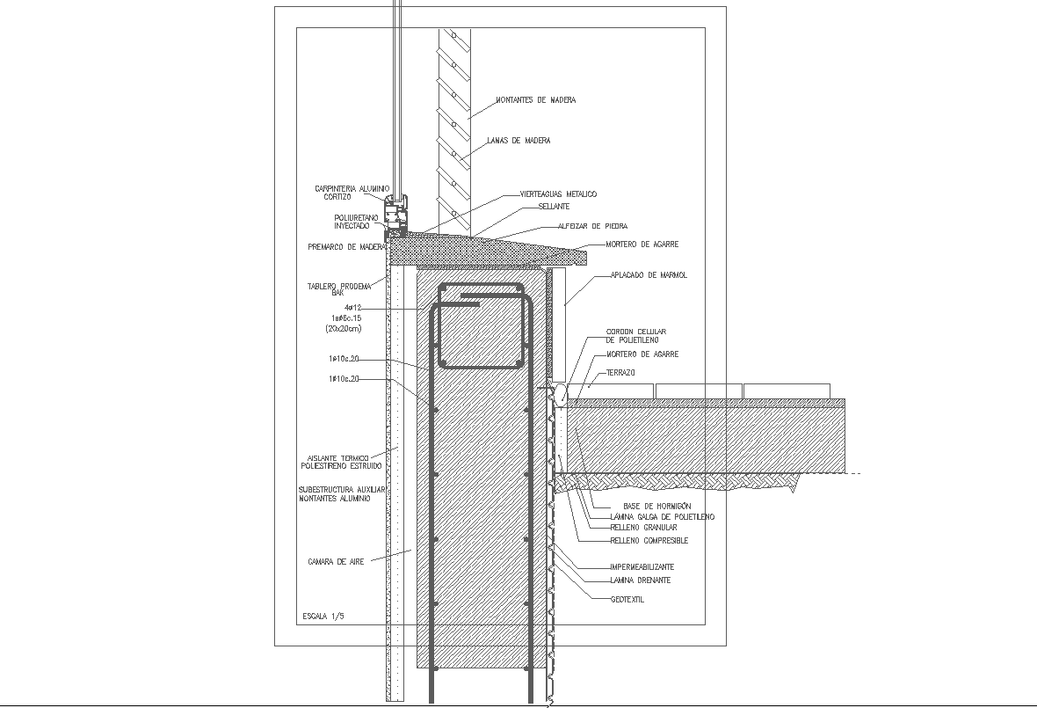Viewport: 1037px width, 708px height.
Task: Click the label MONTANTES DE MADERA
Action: [535, 100]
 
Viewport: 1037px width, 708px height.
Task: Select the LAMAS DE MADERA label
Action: [518, 141]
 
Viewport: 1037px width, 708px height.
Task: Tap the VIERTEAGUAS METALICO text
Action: [552, 193]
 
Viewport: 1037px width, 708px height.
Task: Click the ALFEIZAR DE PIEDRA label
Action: [592, 226]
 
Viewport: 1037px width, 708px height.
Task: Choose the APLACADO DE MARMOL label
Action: [649, 275]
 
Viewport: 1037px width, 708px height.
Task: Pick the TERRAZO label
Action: [620, 373]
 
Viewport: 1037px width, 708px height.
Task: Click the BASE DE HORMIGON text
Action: [657, 507]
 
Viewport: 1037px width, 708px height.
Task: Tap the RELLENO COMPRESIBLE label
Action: [649, 541]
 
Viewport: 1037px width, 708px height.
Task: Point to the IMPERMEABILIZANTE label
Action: [642, 567]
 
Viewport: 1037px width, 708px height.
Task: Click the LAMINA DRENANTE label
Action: [640, 580]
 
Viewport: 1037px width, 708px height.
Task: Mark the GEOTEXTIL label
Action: [627, 600]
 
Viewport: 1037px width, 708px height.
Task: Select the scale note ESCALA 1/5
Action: [323, 616]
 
